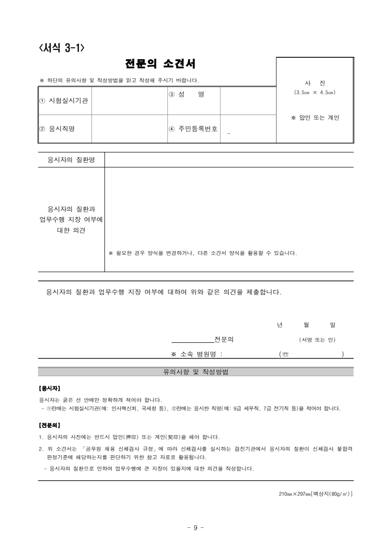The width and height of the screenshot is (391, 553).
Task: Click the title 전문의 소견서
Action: point(160,64)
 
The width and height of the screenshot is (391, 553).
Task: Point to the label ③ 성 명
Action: point(186,94)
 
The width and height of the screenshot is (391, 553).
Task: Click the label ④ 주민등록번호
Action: point(193,129)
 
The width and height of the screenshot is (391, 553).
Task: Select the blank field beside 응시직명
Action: point(129,129)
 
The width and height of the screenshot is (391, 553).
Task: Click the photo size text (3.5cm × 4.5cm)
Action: point(315,92)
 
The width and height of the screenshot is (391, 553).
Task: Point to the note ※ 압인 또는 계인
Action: point(315,118)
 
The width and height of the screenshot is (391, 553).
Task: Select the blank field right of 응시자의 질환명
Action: point(229,160)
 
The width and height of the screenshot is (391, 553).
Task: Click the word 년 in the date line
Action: point(280,325)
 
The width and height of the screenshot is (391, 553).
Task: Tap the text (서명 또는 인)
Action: point(317,339)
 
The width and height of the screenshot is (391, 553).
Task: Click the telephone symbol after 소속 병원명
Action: point(285,354)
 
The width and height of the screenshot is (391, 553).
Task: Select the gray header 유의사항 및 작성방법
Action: point(196,372)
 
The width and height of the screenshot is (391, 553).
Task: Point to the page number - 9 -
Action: point(196,527)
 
